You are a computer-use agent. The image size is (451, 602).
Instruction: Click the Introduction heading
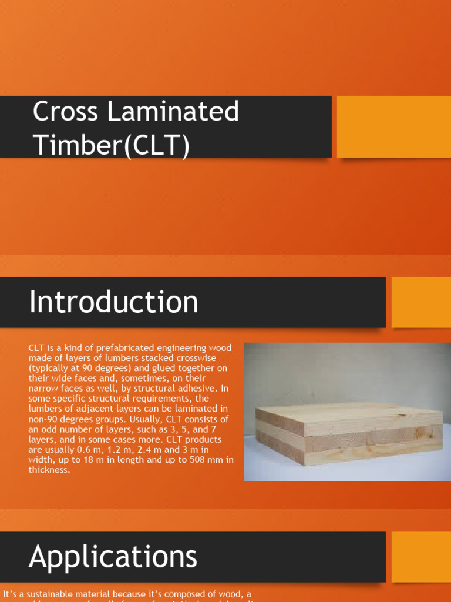[x=114, y=302]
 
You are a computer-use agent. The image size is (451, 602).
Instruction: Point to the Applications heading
[x=113, y=556]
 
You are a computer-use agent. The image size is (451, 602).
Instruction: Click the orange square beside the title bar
[x=393, y=126]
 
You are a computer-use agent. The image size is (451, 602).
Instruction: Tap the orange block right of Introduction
[x=420, y=302]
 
